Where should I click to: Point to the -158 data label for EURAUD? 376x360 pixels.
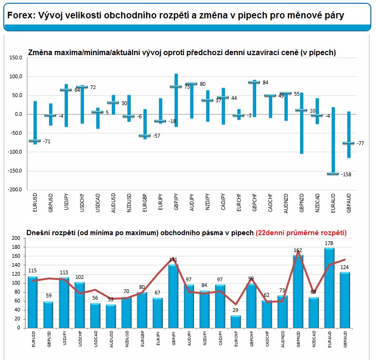[346, 174]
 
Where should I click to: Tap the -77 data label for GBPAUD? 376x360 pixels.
[361, 143]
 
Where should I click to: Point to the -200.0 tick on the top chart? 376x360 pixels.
[15, 189]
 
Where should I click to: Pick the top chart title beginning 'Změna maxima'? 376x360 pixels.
[182, 53]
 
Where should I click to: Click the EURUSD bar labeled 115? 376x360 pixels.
[33, 302]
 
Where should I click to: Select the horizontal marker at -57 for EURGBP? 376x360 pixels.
[145, 136]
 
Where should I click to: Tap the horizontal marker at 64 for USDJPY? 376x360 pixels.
[66, 90]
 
